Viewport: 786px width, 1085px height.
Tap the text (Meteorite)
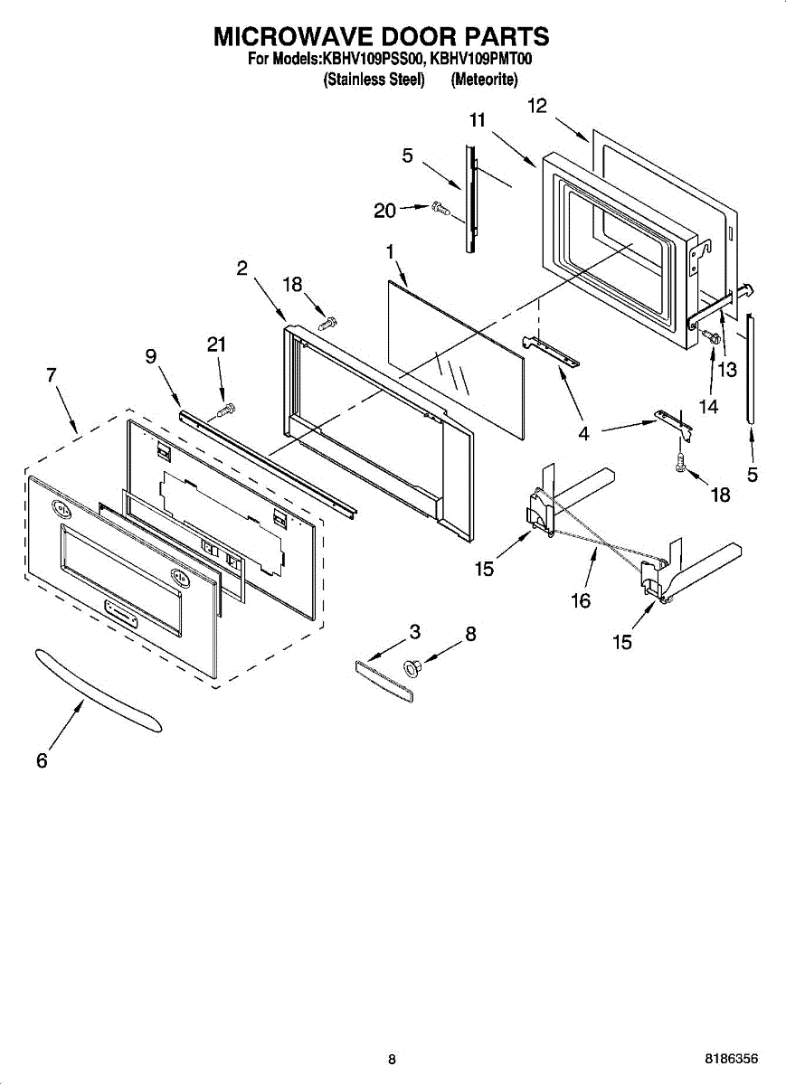484,80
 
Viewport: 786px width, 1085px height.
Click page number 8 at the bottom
392,1059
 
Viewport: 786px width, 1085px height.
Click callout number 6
42,761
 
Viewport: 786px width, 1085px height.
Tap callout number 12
537,106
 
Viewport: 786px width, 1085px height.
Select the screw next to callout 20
440,208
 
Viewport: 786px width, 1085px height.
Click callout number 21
217,344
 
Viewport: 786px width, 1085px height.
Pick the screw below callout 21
225,410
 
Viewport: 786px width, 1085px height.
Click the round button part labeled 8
414,667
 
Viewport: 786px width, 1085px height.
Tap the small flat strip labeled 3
384,675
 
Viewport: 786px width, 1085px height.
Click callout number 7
52,374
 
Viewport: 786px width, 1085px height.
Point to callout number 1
390,252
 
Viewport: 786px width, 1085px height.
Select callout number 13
727,369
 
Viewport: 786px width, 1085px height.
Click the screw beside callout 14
711,338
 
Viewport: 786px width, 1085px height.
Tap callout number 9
150,357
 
